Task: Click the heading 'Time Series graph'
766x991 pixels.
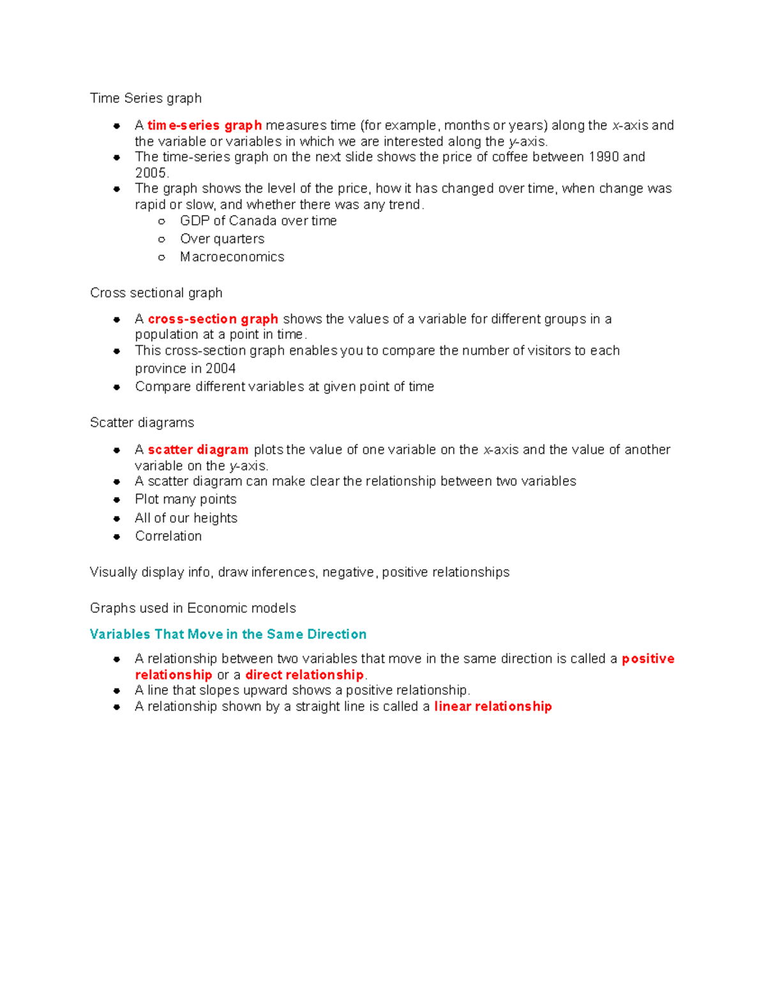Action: [146, 98]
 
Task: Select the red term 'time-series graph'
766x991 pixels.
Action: [204, 126]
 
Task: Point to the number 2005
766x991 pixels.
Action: [151, 173]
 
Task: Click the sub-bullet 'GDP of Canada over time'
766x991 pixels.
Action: [258, 221]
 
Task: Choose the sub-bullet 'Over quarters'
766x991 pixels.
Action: [222, 239]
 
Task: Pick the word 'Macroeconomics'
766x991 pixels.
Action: [232, 257]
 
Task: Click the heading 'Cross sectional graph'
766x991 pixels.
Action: [156, 293]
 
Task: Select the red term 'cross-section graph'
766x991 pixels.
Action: [213, 319]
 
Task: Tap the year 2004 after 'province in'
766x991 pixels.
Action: [220, 369]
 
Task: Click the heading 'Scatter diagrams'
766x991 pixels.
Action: [142, 422]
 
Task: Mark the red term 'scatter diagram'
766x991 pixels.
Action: [198, 450]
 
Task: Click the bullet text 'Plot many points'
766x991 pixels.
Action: [185, 500]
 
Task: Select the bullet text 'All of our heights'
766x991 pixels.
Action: [186, 518]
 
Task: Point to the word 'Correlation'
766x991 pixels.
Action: [168, 536]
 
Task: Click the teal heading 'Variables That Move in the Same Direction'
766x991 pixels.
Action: [228, 634]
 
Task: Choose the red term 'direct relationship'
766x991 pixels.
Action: [304, 675]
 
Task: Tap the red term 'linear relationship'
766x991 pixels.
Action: [493, 706]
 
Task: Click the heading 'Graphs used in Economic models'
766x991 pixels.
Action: [193, 608]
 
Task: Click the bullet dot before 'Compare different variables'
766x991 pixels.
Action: [117, 387]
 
